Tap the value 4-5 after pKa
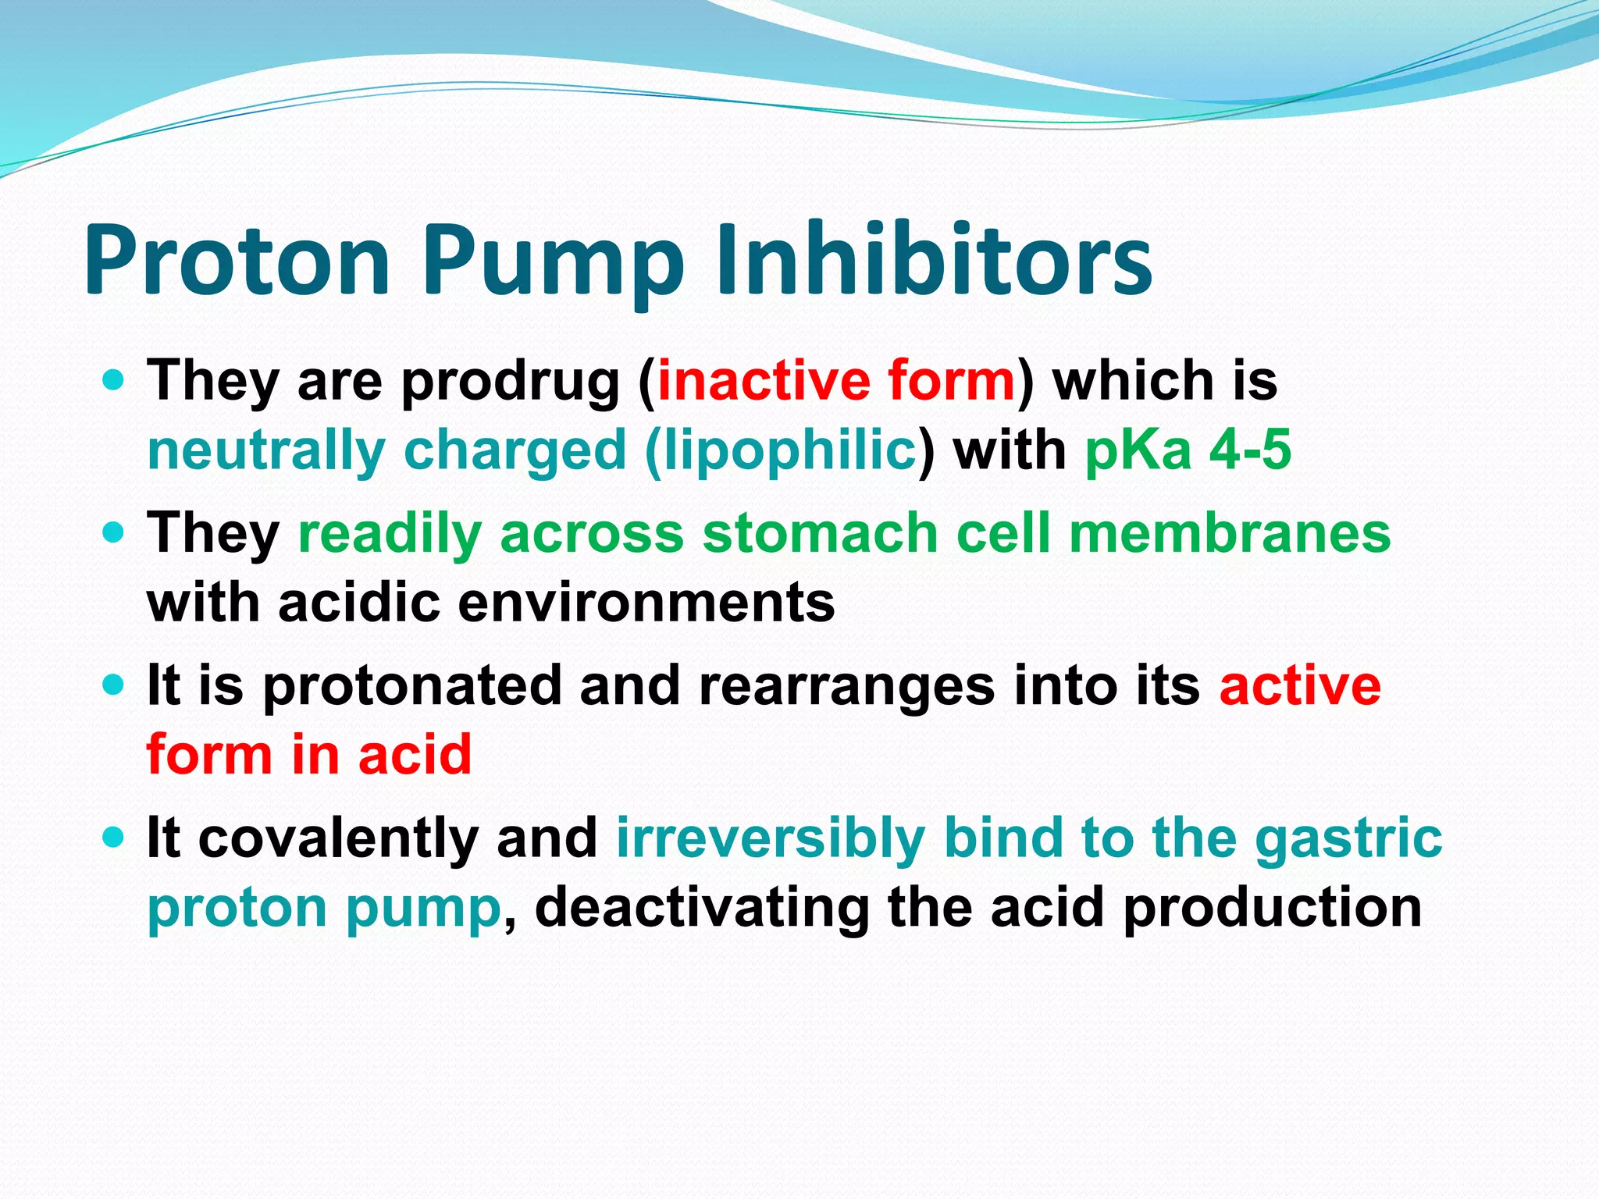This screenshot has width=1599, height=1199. (x=1250, y=451)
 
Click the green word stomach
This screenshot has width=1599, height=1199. (x=820, y=534)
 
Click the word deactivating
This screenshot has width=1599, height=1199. (x=702, y=909)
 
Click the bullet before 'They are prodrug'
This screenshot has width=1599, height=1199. (x=114, y=380)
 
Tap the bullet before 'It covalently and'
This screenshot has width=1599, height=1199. (x=114, y=838)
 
